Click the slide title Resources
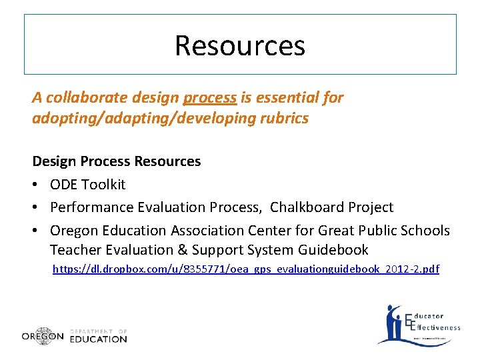(x=240, y=45)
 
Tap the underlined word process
(x=209, y=98)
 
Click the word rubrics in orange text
(x=285, y=118)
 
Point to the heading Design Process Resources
(x=117, y=161)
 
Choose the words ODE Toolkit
(x=87, y=184)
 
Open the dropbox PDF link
(x=246, y=269)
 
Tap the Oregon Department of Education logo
(x=74, y=336)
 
